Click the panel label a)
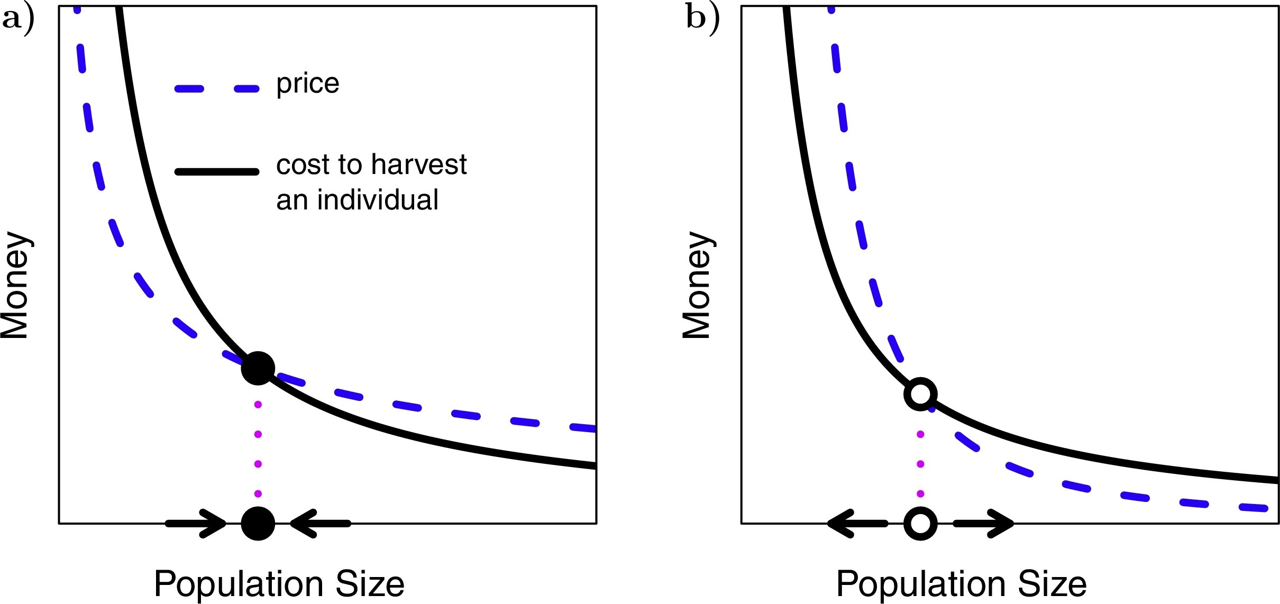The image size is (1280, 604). coord(18,19)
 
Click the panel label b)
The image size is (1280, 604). coord(702,19)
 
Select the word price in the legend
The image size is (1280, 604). coord(308,84)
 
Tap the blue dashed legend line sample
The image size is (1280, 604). coord(217,89)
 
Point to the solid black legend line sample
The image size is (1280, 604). coord(217,171)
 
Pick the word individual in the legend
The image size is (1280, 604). coord(378,200)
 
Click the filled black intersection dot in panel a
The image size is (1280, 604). coord(258,368)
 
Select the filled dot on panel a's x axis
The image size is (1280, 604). coord(258,523)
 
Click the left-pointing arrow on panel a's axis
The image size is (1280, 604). coord(321,523)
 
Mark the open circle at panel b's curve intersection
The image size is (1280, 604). coord(920,394)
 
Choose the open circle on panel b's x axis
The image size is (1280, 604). coord(920,523)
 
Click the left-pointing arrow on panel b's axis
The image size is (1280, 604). coord(857,523)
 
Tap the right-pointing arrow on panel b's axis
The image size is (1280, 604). coord(984,523)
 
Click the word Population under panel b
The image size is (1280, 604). coord(921,584)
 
